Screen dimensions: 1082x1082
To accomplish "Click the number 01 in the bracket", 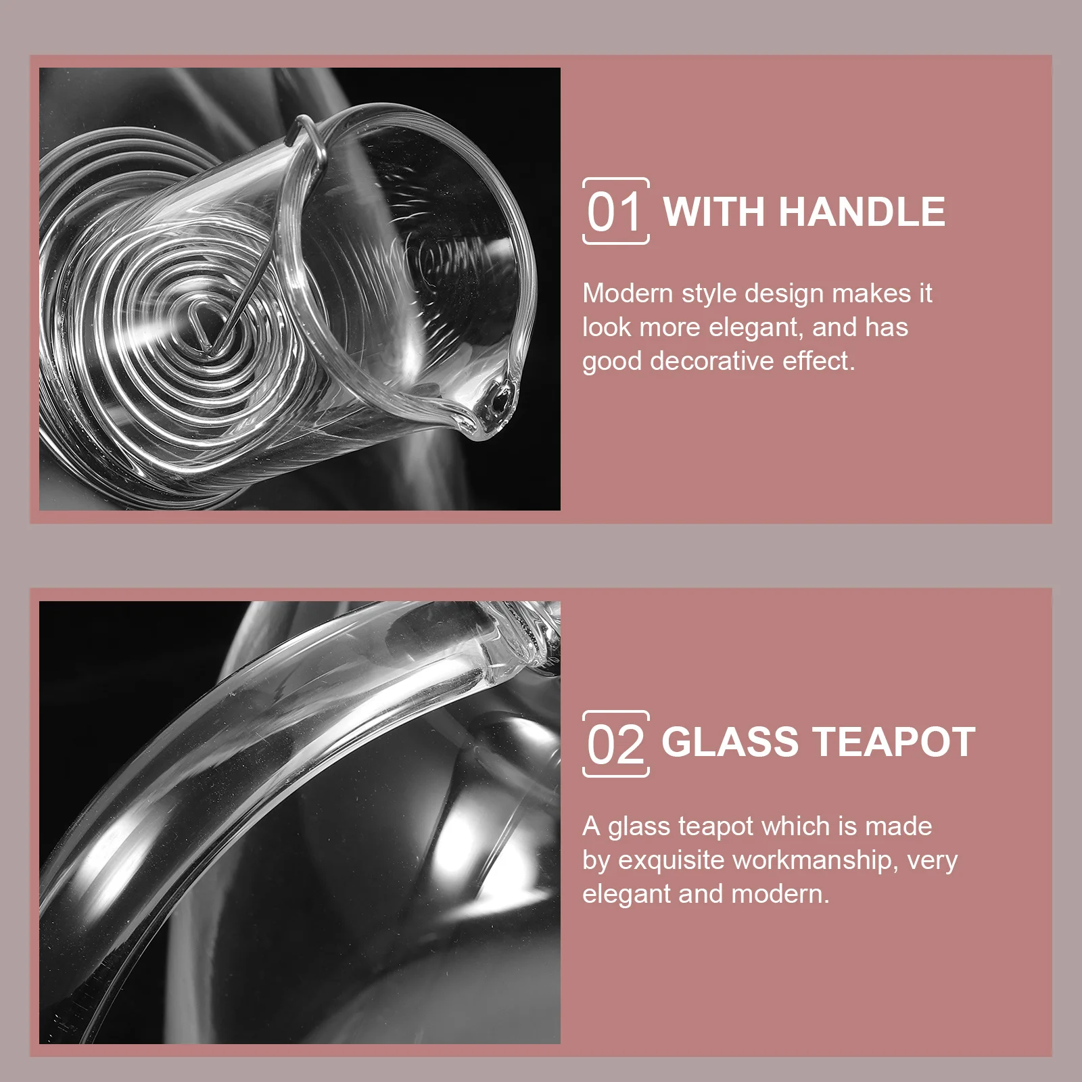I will (614, 212).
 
